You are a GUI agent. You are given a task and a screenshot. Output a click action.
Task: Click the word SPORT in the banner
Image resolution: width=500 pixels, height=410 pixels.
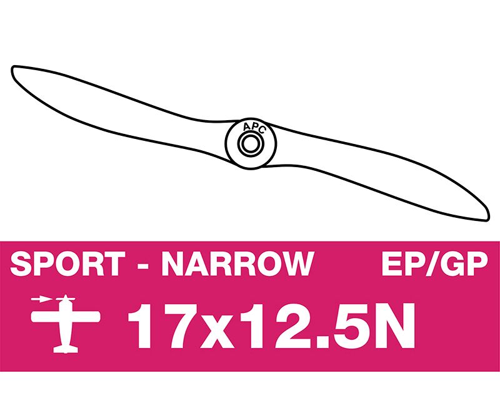point(67,264)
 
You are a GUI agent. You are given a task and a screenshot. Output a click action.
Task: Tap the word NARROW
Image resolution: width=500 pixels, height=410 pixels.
point(238,264)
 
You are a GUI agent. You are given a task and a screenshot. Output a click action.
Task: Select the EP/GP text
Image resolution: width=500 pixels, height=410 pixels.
point(435,264)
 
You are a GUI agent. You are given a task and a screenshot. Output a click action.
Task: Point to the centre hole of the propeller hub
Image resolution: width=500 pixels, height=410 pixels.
point(251,144)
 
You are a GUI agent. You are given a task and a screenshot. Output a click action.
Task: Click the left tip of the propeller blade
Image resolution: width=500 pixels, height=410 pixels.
point(12,68)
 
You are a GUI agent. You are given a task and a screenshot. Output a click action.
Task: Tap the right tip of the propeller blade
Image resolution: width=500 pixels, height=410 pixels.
point(488,218)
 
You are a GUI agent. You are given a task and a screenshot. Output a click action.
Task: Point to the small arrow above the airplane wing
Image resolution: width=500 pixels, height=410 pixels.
point(41,299)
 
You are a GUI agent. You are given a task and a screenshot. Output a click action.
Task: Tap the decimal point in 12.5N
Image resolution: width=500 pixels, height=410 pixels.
point(323,342)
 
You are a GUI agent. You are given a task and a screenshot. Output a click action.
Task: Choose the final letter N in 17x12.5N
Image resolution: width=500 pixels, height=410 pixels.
point(394,326)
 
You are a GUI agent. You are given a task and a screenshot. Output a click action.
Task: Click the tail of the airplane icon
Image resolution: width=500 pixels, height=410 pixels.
point(66,349)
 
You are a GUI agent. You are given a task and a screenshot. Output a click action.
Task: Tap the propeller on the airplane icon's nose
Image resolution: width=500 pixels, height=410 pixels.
point(66,299)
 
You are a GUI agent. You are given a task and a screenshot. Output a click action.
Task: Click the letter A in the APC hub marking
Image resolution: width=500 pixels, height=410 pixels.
point(246,128)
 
